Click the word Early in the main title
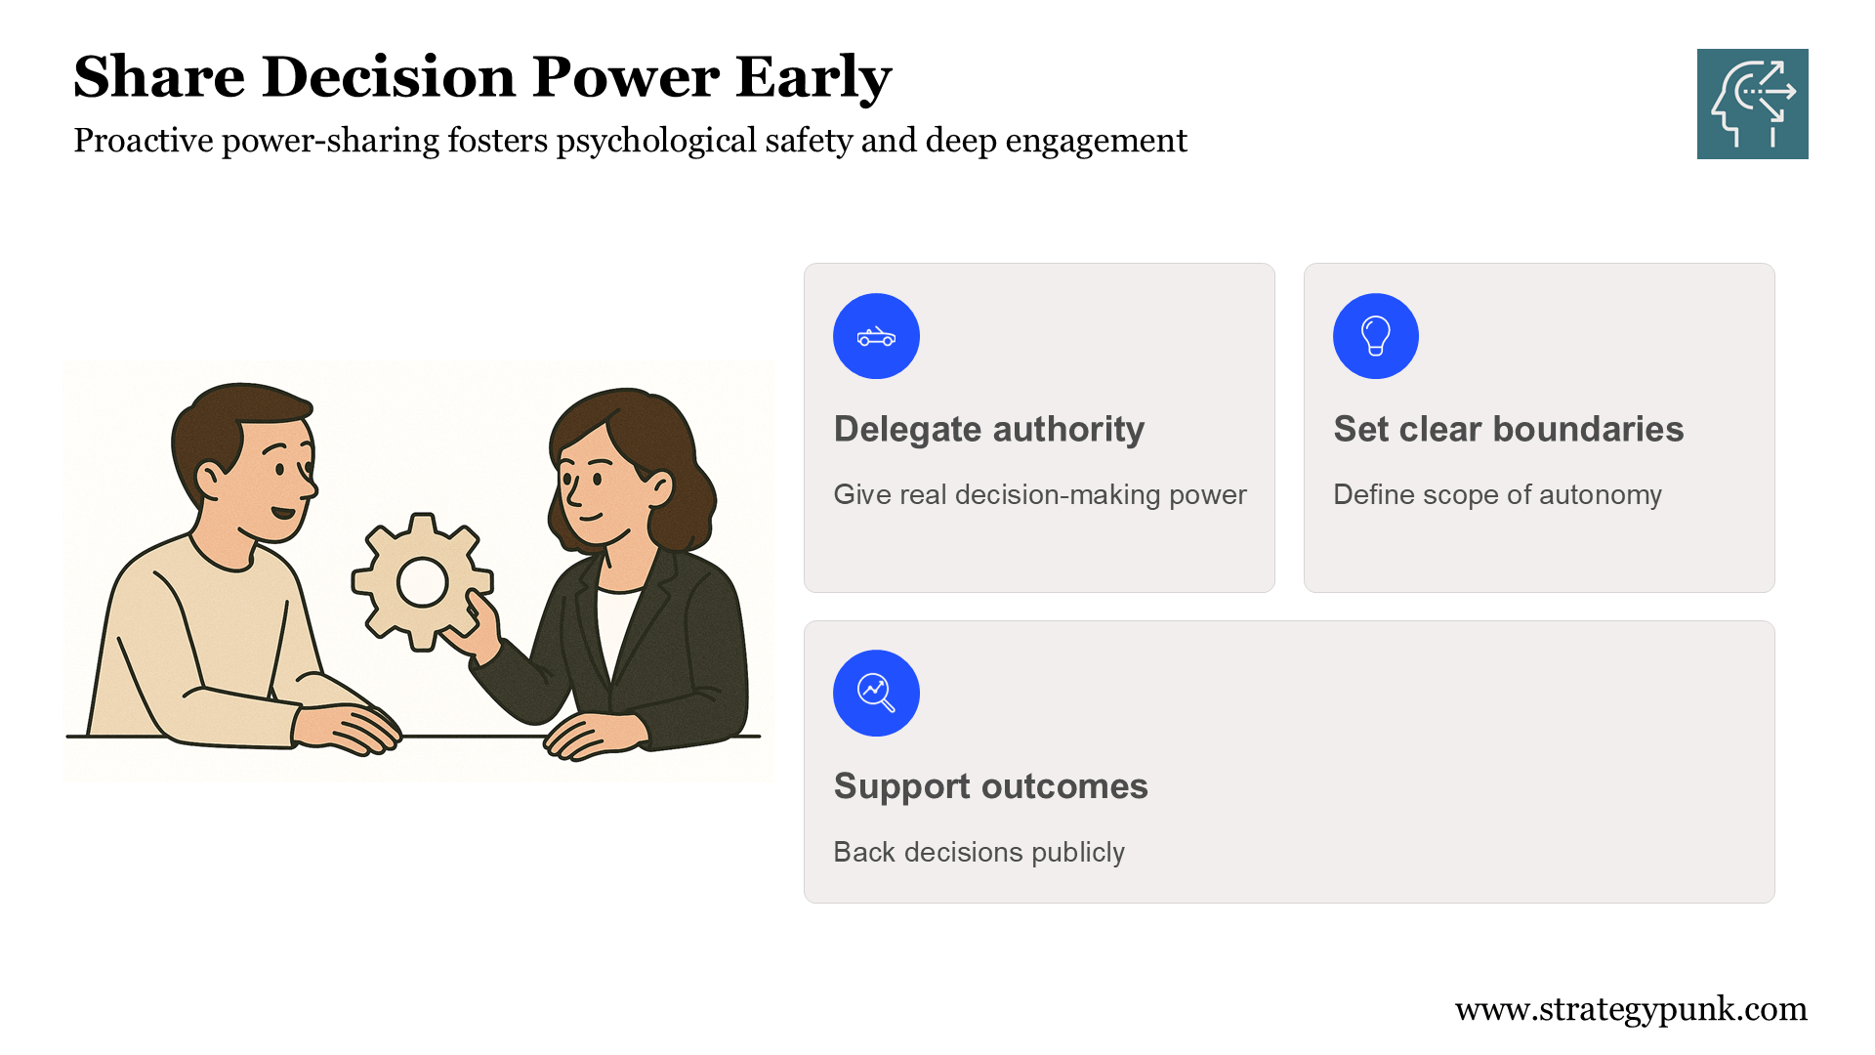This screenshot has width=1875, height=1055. click(813, 77)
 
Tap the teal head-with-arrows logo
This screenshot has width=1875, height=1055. click(1752, 104)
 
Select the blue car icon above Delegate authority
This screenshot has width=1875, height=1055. click(876, 336)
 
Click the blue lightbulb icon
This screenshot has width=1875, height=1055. click(1375, 336)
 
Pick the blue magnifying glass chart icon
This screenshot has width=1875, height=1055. click(876, 693)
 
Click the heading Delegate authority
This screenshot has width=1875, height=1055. click(989, 430)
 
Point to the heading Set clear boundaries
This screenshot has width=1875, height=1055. click(1509, 430)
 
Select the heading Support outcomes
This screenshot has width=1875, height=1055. click(991, 786)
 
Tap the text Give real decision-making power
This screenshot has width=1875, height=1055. click(1040, 495)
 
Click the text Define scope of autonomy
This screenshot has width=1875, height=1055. click(1497, 495)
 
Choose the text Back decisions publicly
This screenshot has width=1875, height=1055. click(979, 853)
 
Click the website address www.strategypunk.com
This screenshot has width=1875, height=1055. click(1631, 1009)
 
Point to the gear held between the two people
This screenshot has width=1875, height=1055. click(422, 582)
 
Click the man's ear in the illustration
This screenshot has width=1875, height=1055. click(210, 479)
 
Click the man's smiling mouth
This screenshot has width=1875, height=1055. click(282, 513)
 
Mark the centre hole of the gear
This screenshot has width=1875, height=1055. click(423, 582)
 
